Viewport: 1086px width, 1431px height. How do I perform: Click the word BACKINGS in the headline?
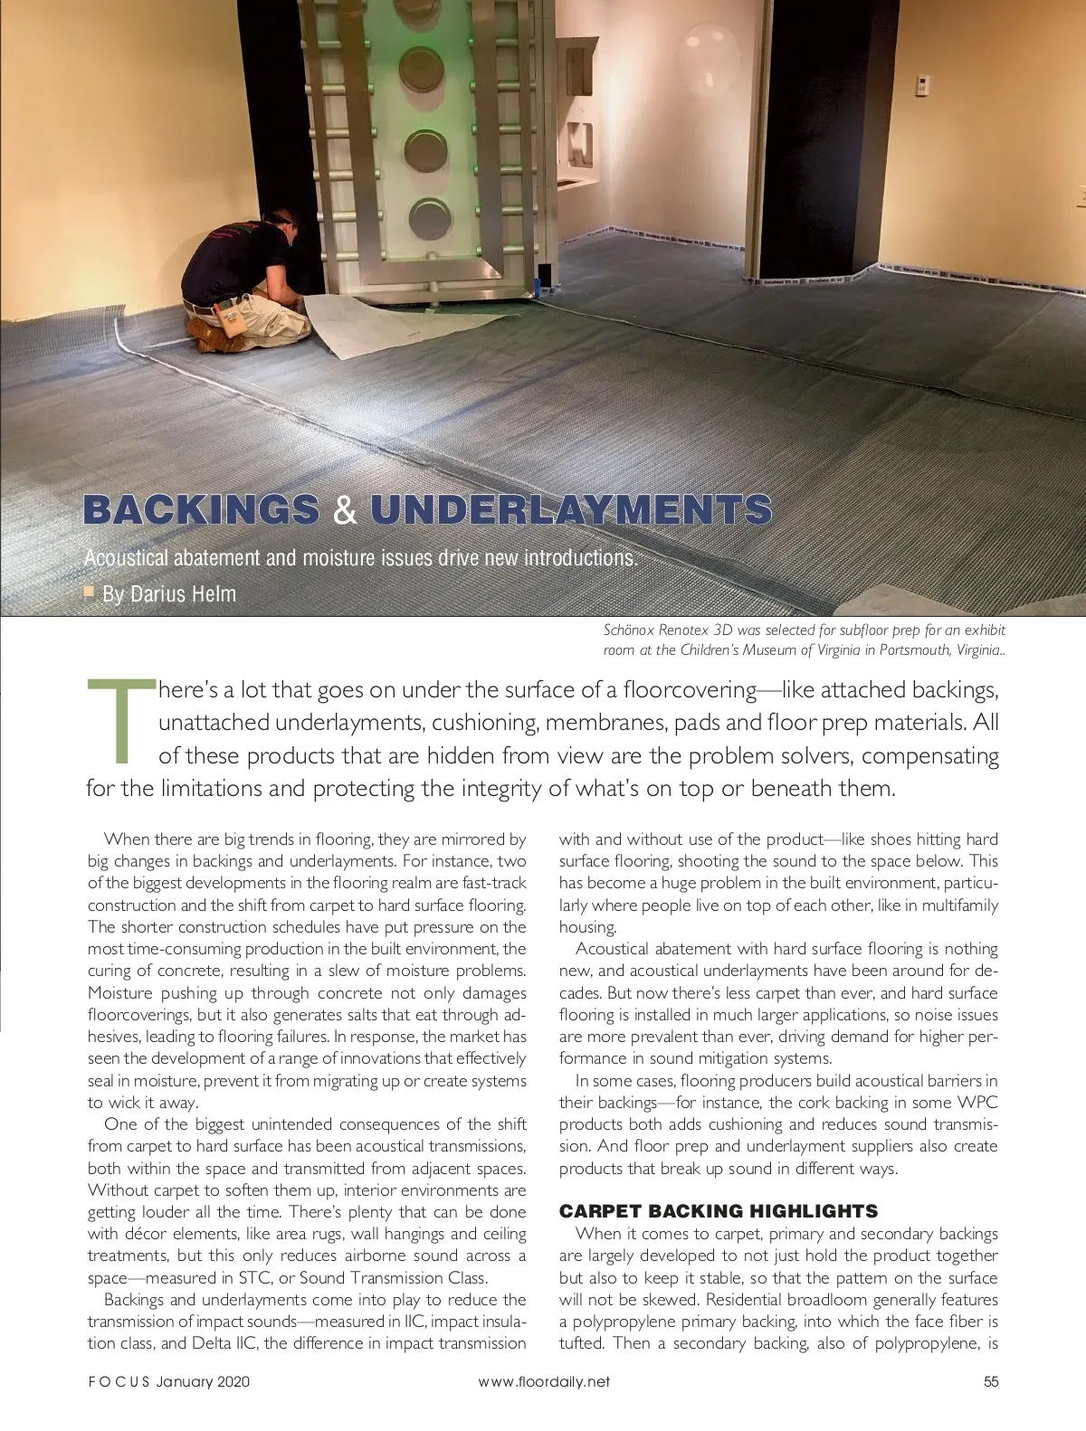coord(202,510)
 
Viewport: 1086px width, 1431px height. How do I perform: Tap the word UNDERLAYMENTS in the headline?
coord(570,510)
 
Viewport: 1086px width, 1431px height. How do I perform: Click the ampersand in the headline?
coord(344,510)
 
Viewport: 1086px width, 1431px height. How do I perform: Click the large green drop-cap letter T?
coord(119,719)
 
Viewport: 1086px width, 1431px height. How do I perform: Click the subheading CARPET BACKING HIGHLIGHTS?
coord(719,1210)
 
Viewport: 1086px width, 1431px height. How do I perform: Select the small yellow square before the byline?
coord(90,592)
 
